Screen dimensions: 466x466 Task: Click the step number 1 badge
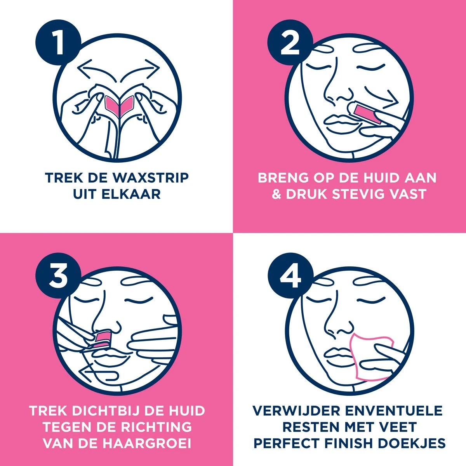click(58, 42)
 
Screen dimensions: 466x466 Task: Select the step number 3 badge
click(58, 275)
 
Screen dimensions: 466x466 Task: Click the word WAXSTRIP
click(151, 178)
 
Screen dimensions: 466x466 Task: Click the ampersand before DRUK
click(276, 194)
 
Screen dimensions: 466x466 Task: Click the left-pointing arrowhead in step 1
click(85, 68)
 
